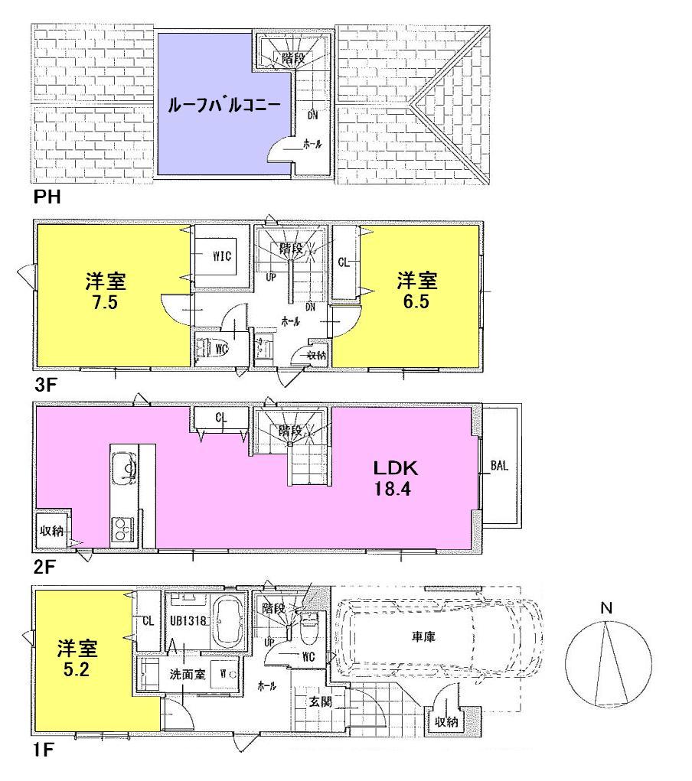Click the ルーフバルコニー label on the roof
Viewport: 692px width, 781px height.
(x=224, y=106)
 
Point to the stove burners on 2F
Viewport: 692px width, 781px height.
(x=123, y=528)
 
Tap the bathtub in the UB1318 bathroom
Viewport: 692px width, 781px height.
(x=227, y=622)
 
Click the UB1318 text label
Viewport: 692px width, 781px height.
(x=188, y=621)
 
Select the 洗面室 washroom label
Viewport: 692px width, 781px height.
(x=186, y=675)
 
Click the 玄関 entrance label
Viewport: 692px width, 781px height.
(x=320, y=701)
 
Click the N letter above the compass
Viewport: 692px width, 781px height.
(x=605, y=609)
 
